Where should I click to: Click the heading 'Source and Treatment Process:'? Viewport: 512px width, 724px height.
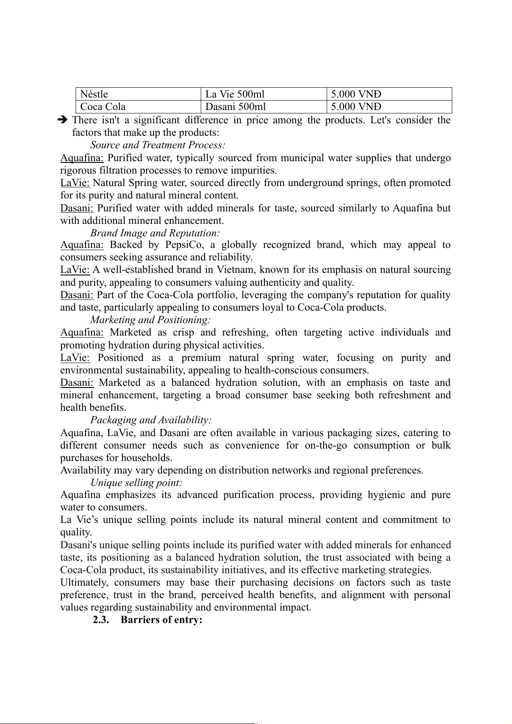point(158,145)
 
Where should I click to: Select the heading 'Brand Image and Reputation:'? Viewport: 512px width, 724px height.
point(155,233)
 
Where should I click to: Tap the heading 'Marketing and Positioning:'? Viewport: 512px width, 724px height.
point(150,320)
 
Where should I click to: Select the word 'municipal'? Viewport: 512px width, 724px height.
point(302,158)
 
